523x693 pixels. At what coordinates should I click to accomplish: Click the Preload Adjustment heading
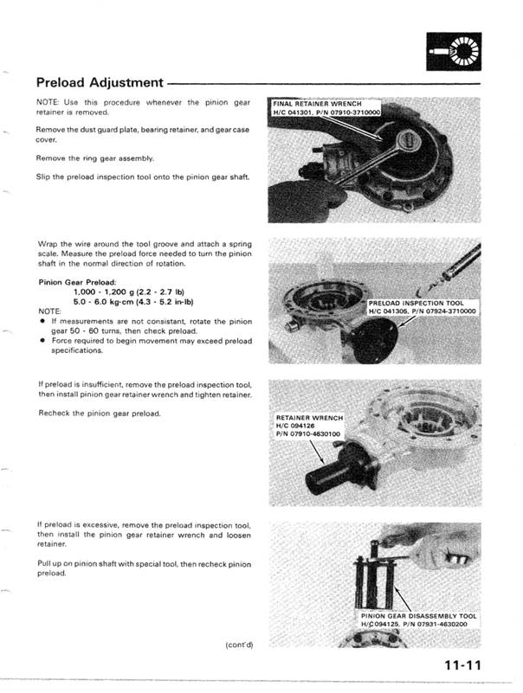pyautogui.click(x=100, y=83)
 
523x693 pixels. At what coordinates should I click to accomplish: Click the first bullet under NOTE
pyautogui.click(x=42, y=320)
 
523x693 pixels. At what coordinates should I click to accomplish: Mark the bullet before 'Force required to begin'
pyautogui.click(x=42, y=341)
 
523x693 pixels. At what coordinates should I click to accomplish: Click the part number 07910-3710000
pyautogui.click(x=351, y=112)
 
